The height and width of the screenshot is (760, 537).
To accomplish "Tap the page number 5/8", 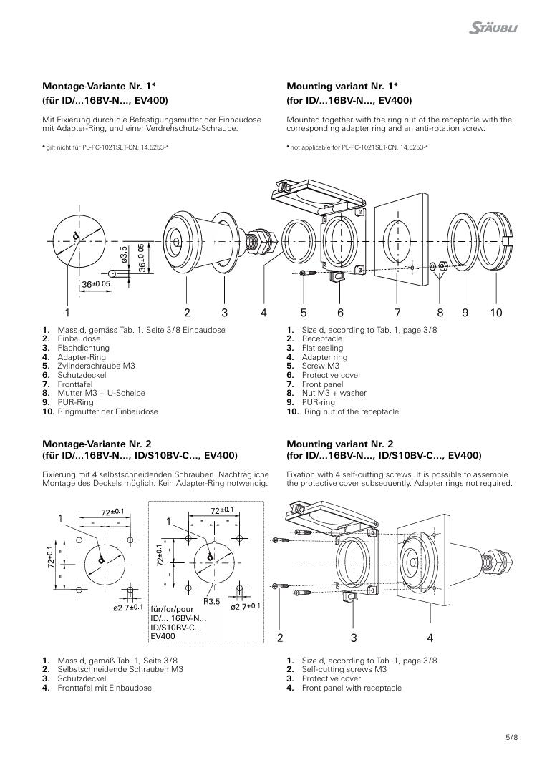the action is click(x=512, y=738).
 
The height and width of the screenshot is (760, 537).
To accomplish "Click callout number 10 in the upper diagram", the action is click(x=495, y=313).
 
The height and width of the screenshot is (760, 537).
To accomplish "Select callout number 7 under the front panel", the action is click(x=397, y=313).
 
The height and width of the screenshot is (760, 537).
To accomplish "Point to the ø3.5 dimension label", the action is click(x=125, y=255).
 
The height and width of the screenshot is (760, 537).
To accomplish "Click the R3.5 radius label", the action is click(x=211, y=602).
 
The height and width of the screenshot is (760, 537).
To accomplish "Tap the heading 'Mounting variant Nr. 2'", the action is click(x=340, y=444).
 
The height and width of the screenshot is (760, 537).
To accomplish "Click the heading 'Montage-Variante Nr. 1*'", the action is click(x=99, y=87).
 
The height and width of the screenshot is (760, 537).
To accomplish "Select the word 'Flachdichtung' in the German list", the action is click(x=84, y=348).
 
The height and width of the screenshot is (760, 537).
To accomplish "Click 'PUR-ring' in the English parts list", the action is click(x=318, y=402).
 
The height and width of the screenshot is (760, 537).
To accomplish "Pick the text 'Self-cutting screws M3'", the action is click(x=344, y=669).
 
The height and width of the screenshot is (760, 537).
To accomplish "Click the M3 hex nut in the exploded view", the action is click(x=442, y=265).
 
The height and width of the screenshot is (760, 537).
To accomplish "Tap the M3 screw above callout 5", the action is click(x=308, y=273).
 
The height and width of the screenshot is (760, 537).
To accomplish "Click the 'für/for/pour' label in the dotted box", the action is click(x=172, y=609).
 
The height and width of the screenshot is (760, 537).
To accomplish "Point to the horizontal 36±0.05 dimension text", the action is click(x=95, y=284).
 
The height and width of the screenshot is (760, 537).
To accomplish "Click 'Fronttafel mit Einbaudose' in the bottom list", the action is click(x=105, y=688).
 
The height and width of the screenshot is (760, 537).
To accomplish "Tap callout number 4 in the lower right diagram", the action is click(x=430, y=638).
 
